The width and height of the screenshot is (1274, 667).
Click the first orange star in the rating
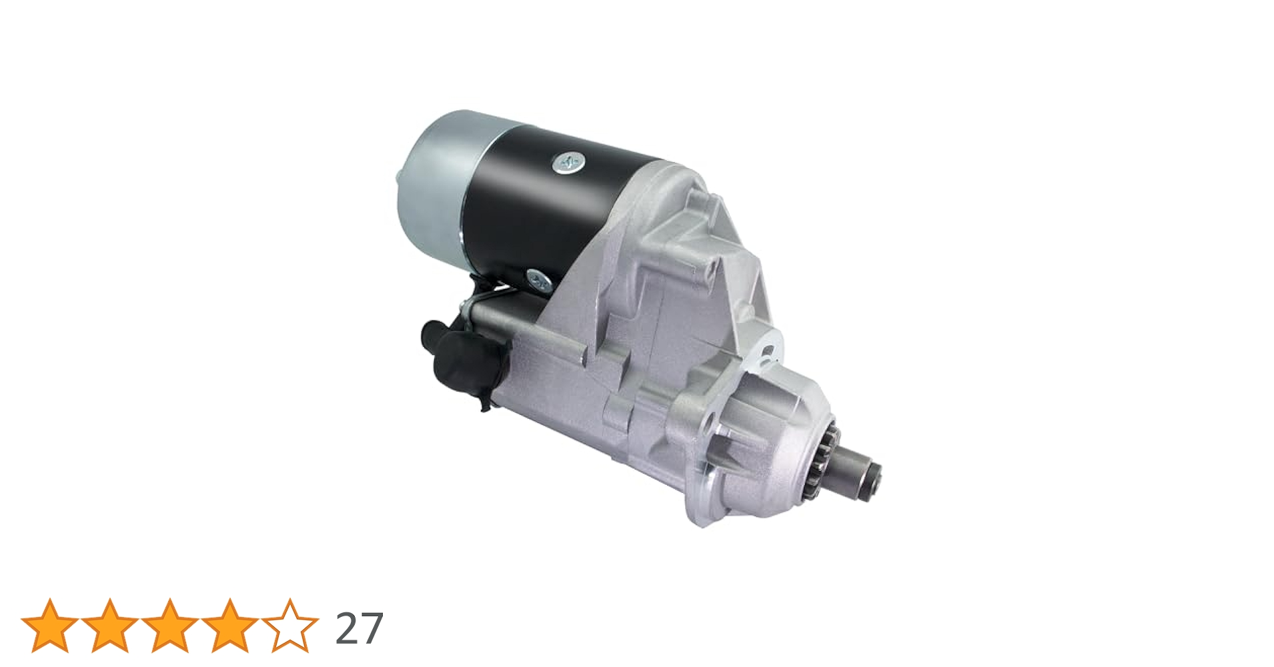pos(49,626)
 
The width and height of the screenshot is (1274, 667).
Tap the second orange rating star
pos(109,626)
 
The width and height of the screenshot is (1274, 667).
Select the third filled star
pos(169,626)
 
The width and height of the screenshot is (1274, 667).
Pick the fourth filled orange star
pos(229,626)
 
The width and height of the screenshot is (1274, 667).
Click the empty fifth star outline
pos(289,626)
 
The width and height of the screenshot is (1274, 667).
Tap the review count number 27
pos(359,628)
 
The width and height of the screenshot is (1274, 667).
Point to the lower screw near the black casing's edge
pos(538,280)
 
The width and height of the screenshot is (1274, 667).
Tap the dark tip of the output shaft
pos(870,482)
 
